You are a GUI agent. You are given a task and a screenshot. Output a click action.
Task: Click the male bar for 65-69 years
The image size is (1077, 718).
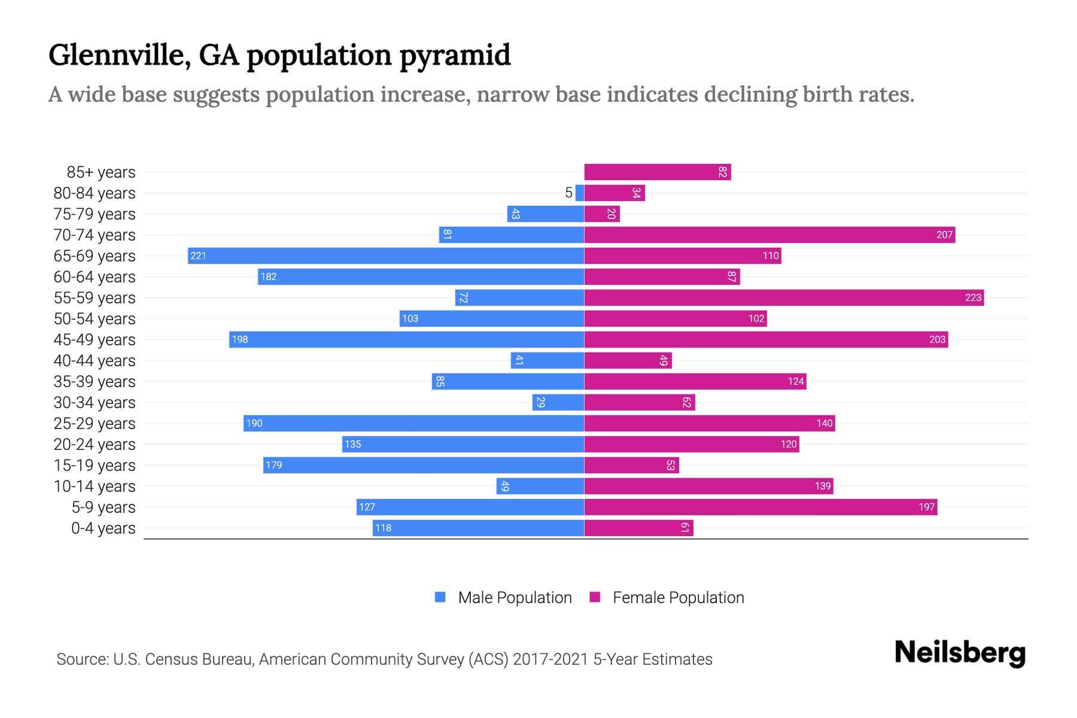click(386, 255)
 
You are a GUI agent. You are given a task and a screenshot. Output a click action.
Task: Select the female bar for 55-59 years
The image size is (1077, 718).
click(784, 297)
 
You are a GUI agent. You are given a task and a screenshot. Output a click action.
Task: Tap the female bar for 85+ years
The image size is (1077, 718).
click(657, 172)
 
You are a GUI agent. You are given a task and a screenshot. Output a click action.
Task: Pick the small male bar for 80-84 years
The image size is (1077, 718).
click(580, 193)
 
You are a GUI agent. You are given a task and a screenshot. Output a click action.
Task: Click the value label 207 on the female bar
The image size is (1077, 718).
click(944, 235)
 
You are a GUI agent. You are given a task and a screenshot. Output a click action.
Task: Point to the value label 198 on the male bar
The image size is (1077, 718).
click(240, 339)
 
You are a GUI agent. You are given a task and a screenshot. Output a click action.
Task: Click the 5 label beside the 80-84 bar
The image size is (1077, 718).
click(568, 193)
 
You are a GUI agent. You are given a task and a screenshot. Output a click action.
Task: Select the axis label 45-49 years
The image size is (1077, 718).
click(95, 339)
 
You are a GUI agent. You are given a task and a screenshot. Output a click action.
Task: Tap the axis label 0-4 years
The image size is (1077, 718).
click(103, 528)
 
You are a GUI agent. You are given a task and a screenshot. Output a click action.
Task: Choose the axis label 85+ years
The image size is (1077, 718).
click(101, 172)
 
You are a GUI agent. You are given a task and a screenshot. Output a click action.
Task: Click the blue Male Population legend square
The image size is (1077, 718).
click(440, 597)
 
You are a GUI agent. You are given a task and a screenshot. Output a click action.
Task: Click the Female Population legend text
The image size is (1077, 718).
click(678, 597)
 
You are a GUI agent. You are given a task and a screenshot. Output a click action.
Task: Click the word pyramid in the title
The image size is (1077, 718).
click(455, 56)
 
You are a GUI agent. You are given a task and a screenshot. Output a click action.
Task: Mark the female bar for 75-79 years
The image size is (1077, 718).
click(601, 214)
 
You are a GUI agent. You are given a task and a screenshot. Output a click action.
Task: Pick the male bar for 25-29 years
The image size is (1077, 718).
click(413, 423)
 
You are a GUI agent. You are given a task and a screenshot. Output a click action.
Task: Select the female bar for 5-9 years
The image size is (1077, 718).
click(760, 507)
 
